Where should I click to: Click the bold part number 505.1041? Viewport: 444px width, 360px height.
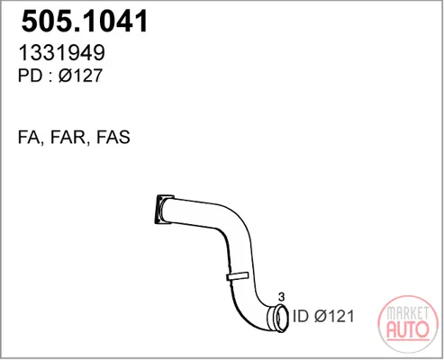[x=85, y=21]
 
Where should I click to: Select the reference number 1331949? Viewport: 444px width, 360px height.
[x=62, y=52]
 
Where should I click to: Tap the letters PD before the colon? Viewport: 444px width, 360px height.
[x=31, y=76]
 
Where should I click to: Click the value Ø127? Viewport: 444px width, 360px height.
[x=80, y=76]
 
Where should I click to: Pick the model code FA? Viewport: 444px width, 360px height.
[x=29, y=137]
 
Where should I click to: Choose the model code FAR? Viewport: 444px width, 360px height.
[x=68, y=137]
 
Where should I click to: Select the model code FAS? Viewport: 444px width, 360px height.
[x=113, y=137]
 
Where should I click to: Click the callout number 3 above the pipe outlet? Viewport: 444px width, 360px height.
[x=281, y=297]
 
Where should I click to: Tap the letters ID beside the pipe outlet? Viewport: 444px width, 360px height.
[x=301, y=316]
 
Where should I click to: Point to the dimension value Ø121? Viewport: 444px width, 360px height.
[x=334, y=316]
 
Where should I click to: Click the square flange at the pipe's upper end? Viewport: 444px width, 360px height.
[x=163, y=210]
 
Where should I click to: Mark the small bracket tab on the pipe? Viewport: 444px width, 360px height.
[x=238, y=275]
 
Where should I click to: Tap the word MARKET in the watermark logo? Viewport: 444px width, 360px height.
[x=407, y=313]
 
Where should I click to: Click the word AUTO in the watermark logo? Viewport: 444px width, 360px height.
[x=408, y=329]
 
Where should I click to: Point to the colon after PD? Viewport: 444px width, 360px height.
[x=50, y=77]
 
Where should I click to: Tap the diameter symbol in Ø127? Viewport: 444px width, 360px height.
[x=65, y=76]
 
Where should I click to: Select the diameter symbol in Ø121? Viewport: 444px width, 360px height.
[x=321, y=316]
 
